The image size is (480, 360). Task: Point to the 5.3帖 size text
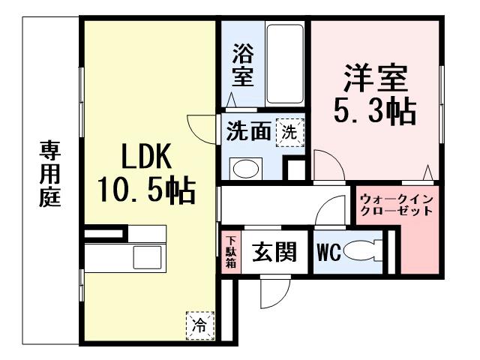[375, 112]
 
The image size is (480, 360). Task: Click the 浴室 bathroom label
[241, 64]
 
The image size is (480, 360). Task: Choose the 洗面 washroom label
[248, 132]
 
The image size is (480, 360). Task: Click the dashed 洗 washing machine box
[289, 132]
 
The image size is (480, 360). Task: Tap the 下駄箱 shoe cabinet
[232, 252]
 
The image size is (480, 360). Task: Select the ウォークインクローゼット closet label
[395, 205]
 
